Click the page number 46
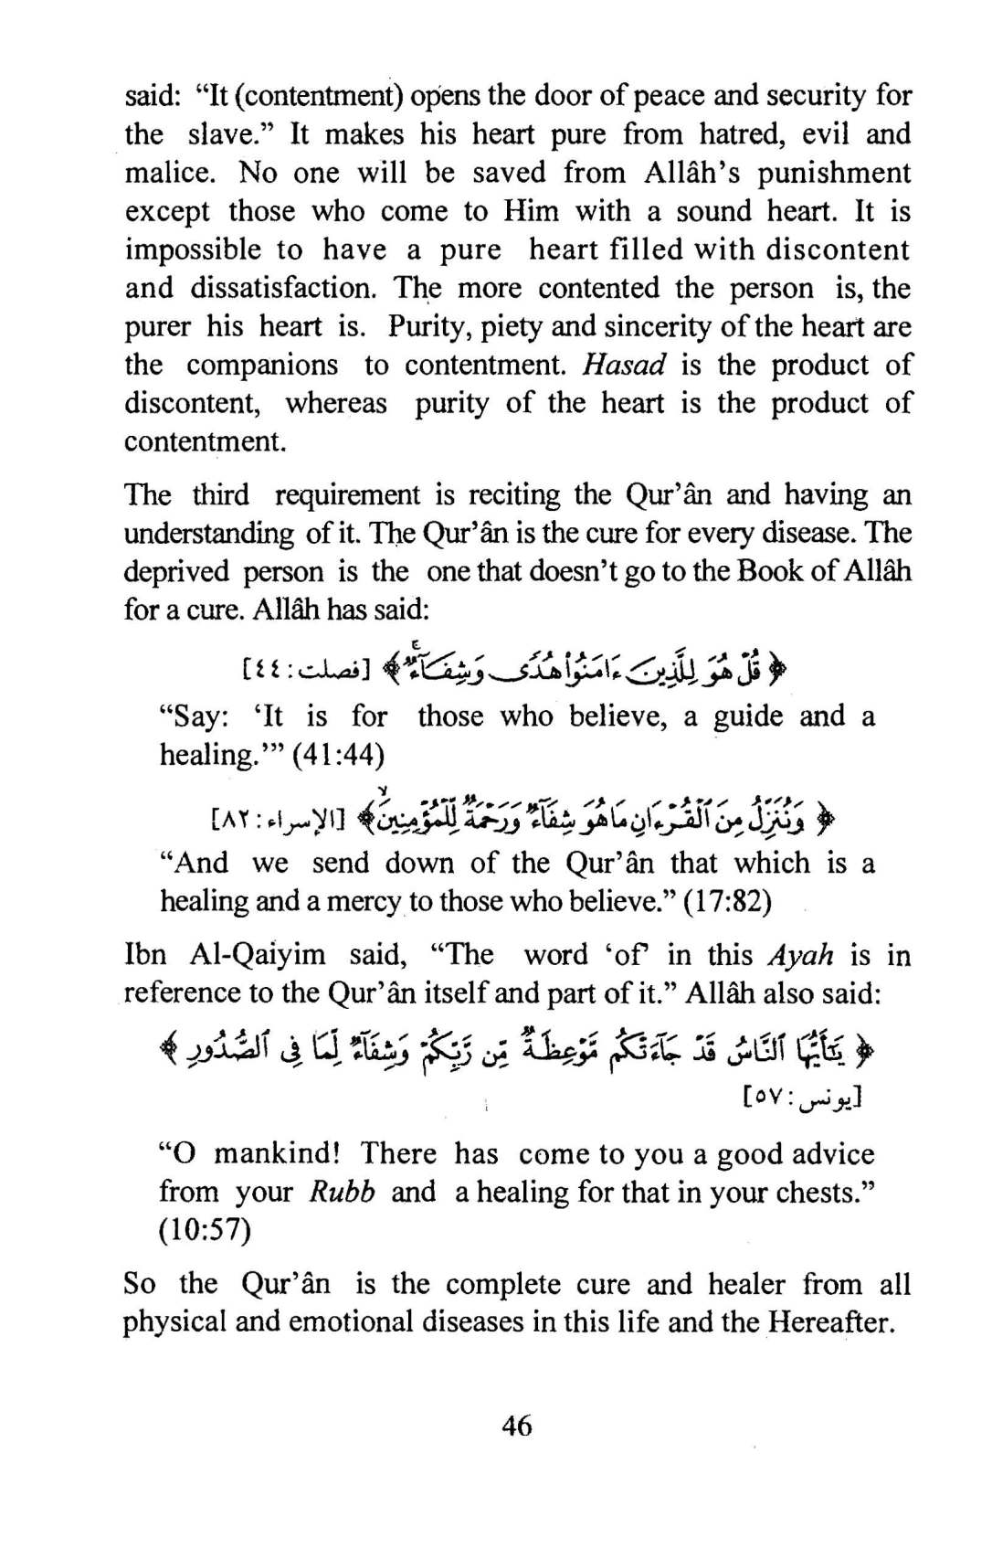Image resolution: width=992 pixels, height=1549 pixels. click(517, 1425)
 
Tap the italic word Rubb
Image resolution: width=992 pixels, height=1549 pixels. click(342, 1193)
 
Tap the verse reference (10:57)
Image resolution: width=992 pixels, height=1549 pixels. click(205, 1231)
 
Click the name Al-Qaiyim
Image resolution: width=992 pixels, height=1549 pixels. click(259, 956)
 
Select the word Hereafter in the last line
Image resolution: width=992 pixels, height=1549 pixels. click(829, 1322)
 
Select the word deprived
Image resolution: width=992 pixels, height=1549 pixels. click(176, 572)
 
